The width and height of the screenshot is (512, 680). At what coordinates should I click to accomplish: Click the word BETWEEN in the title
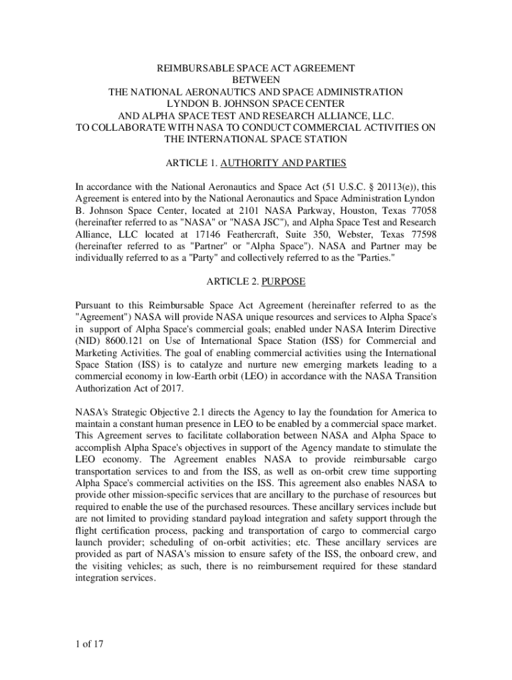(x=256, y=80)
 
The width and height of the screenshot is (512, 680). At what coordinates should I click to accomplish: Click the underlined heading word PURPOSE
(x=283, y=282)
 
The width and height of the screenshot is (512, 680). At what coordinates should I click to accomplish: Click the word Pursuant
(x=94, y=305)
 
